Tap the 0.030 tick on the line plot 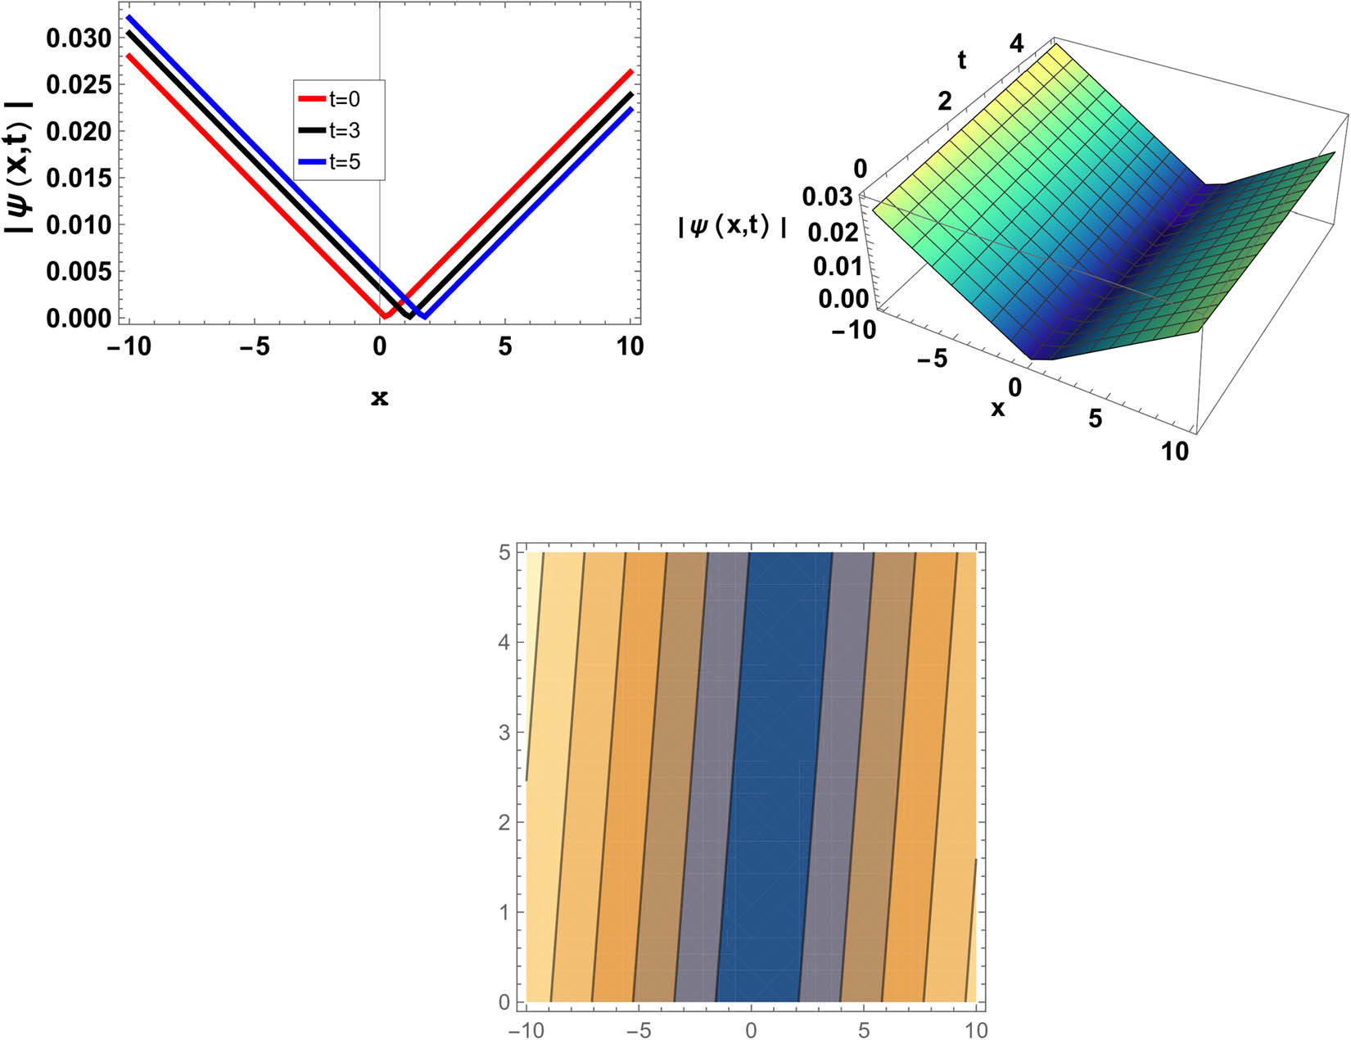pos(78,38)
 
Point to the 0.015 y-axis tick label pos(78,178)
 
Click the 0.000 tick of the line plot pos(78,318)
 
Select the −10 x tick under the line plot pos(129,347)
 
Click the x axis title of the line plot pos(379,399)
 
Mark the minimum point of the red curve pos(384,315)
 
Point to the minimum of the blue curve pos(424,316)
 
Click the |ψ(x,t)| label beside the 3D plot pos(732,228)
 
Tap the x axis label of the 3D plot pos(997,409)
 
